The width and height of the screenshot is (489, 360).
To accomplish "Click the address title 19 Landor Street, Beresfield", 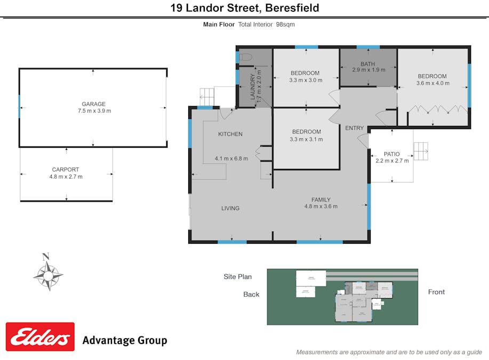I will coord(245,8).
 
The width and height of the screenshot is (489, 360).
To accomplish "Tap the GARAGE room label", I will coord(93,104).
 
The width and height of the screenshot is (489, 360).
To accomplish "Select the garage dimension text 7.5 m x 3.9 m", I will coord(93,111).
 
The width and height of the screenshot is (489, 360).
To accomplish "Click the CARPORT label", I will coord(66,170).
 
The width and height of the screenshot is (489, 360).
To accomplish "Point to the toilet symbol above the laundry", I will coord(245,57).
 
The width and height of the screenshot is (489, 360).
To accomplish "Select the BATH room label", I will coord(367,65).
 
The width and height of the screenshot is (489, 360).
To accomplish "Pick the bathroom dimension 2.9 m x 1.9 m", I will coord(368,70).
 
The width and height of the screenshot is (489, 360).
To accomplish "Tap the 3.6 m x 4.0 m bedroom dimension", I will coord(432,83).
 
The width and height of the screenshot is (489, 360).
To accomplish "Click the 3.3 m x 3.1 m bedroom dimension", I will coord(306,139).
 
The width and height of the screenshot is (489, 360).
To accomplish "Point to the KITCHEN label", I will coord(230,134).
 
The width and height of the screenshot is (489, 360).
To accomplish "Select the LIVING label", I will coord(230,208).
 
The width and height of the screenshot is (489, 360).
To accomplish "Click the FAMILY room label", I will coord(321,200).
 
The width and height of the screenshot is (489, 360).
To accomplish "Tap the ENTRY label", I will coord(354,128).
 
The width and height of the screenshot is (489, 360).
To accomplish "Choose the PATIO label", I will coord(391,154).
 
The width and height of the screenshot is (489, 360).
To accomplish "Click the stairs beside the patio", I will coord(421,151).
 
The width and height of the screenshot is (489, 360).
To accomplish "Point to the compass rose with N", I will coord(48,274).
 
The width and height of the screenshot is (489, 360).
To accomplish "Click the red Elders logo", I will coord(40,337).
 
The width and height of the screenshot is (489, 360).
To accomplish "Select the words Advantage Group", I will coord(124,340).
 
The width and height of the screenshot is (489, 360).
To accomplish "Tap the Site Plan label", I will coord(237,276).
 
